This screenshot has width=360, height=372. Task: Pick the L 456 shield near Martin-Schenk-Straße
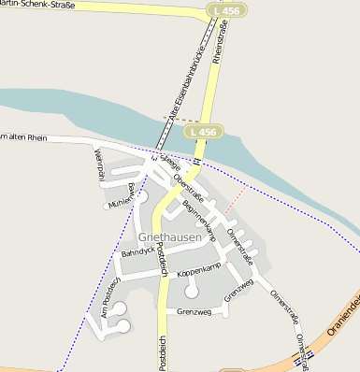coord(223,10)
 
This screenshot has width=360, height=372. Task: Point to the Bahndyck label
coord(137,251)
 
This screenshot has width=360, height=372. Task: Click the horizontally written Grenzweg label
coord(195,311)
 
